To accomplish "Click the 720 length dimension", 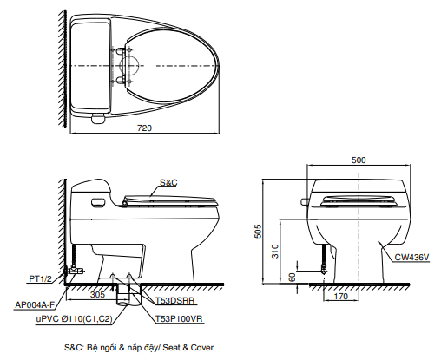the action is (x=144, y=128).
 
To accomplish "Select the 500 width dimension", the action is (x=359, y=160).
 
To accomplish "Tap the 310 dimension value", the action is (x=275, y=252).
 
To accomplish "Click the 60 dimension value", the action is (x=293, y=278).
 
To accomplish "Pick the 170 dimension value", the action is (x=341, y=296).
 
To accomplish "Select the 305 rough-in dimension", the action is (x=97, y=294).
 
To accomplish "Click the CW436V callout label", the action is (x=411, y=257).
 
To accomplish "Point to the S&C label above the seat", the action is (x=168, y=182).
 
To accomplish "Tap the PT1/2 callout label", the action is (x=40, y=278).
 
